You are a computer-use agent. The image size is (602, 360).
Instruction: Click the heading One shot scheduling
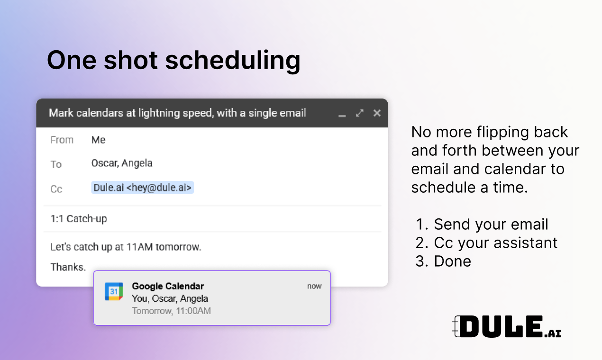click(173, 61)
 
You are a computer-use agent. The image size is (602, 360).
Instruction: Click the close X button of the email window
click(377, 113)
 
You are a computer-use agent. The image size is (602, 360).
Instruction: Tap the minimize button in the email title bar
click(342, 116)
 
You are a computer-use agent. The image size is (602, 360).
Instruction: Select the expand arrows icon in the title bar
click(360, 113)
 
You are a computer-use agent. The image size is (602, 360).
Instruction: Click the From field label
click(62, 140)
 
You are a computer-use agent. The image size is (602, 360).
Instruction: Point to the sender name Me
click(99, 140)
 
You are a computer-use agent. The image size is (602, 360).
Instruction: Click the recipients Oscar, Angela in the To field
click(122, 163)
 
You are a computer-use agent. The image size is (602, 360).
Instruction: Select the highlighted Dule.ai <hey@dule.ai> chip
click(142, 188)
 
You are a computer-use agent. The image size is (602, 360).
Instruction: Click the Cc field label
click(56, 189)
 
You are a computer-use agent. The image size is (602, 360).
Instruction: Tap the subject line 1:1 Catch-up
click(79, 219)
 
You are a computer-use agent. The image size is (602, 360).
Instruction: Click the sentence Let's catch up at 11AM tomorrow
click(126, 247)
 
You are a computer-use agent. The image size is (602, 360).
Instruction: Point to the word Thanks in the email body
click(68, 267)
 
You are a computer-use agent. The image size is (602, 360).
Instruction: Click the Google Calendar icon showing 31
click(114, 291)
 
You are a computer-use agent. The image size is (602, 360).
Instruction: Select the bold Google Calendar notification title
click(168, 286)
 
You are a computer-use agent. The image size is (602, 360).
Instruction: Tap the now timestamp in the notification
click(314, 287)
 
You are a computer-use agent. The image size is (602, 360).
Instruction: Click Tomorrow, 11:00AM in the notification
click(171, 311)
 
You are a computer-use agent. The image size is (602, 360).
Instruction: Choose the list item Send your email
click(482, 225)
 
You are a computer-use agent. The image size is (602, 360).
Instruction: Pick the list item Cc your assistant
click(486, 243)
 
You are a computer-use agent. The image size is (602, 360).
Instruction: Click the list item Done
click(443, 261)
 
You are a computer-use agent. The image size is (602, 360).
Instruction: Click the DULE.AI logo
click(507, 327)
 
